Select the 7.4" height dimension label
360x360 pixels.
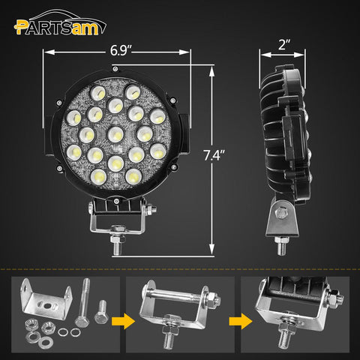213,155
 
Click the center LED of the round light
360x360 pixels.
115,134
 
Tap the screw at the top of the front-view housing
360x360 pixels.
115,69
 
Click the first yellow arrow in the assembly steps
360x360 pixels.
122,321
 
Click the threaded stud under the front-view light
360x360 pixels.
117,245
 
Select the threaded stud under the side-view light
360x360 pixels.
282,245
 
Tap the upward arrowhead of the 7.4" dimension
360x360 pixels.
211,71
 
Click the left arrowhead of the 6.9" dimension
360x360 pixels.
49,52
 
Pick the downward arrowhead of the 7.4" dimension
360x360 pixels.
211,250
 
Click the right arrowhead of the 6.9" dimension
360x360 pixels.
184,52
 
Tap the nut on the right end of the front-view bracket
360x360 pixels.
151,208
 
